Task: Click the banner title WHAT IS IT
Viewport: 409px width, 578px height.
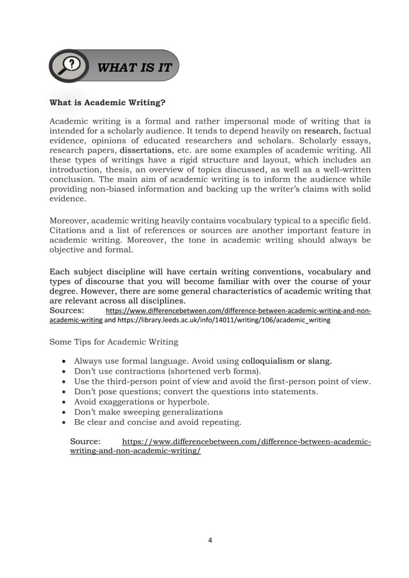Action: (x=134, y=67)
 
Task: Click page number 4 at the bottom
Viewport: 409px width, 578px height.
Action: (x=210, y=540)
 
